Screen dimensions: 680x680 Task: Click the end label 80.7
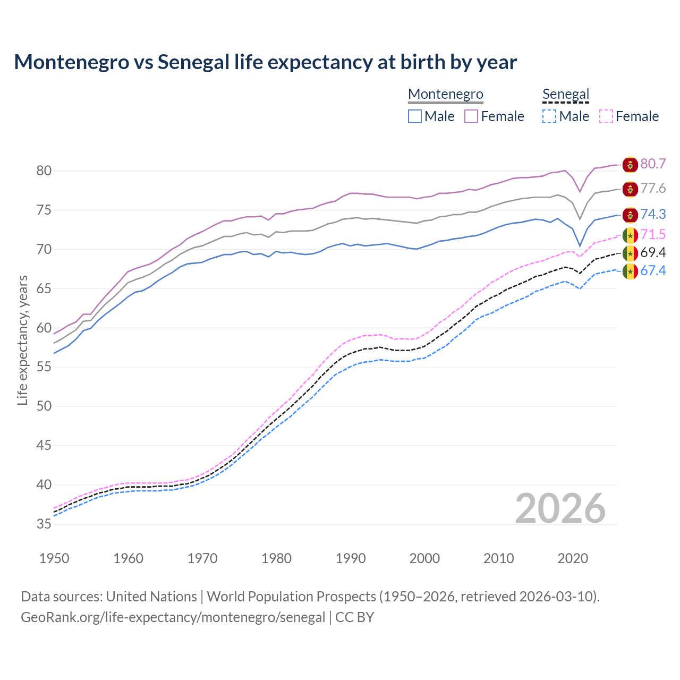(653, 164)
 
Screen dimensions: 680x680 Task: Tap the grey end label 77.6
(653, 189)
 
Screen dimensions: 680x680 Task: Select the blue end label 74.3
(653, 214)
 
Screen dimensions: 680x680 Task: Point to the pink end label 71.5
(653, 234)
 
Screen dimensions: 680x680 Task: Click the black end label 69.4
(653, 253)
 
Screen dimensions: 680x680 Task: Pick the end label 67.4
(653, 271)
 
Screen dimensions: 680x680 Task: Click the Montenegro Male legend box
(415, 116)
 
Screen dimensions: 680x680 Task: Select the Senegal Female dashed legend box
(606, 116)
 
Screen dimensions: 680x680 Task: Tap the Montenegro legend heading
(445, 95)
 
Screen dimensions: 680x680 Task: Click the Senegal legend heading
(566, 95)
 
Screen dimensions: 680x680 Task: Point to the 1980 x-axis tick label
(277, 558)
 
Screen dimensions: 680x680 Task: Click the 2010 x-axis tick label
(499, 558)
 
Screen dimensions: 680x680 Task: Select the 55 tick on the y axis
(44, 367)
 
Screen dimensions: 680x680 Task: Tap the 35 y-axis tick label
(44, 524)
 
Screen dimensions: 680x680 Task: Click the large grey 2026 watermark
(560, 508)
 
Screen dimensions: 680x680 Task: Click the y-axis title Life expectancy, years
(23, 340)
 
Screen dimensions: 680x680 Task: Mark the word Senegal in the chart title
(193, 62)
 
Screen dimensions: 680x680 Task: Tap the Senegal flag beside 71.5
(630, 235)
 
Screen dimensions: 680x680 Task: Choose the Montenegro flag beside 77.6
(630, 189)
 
